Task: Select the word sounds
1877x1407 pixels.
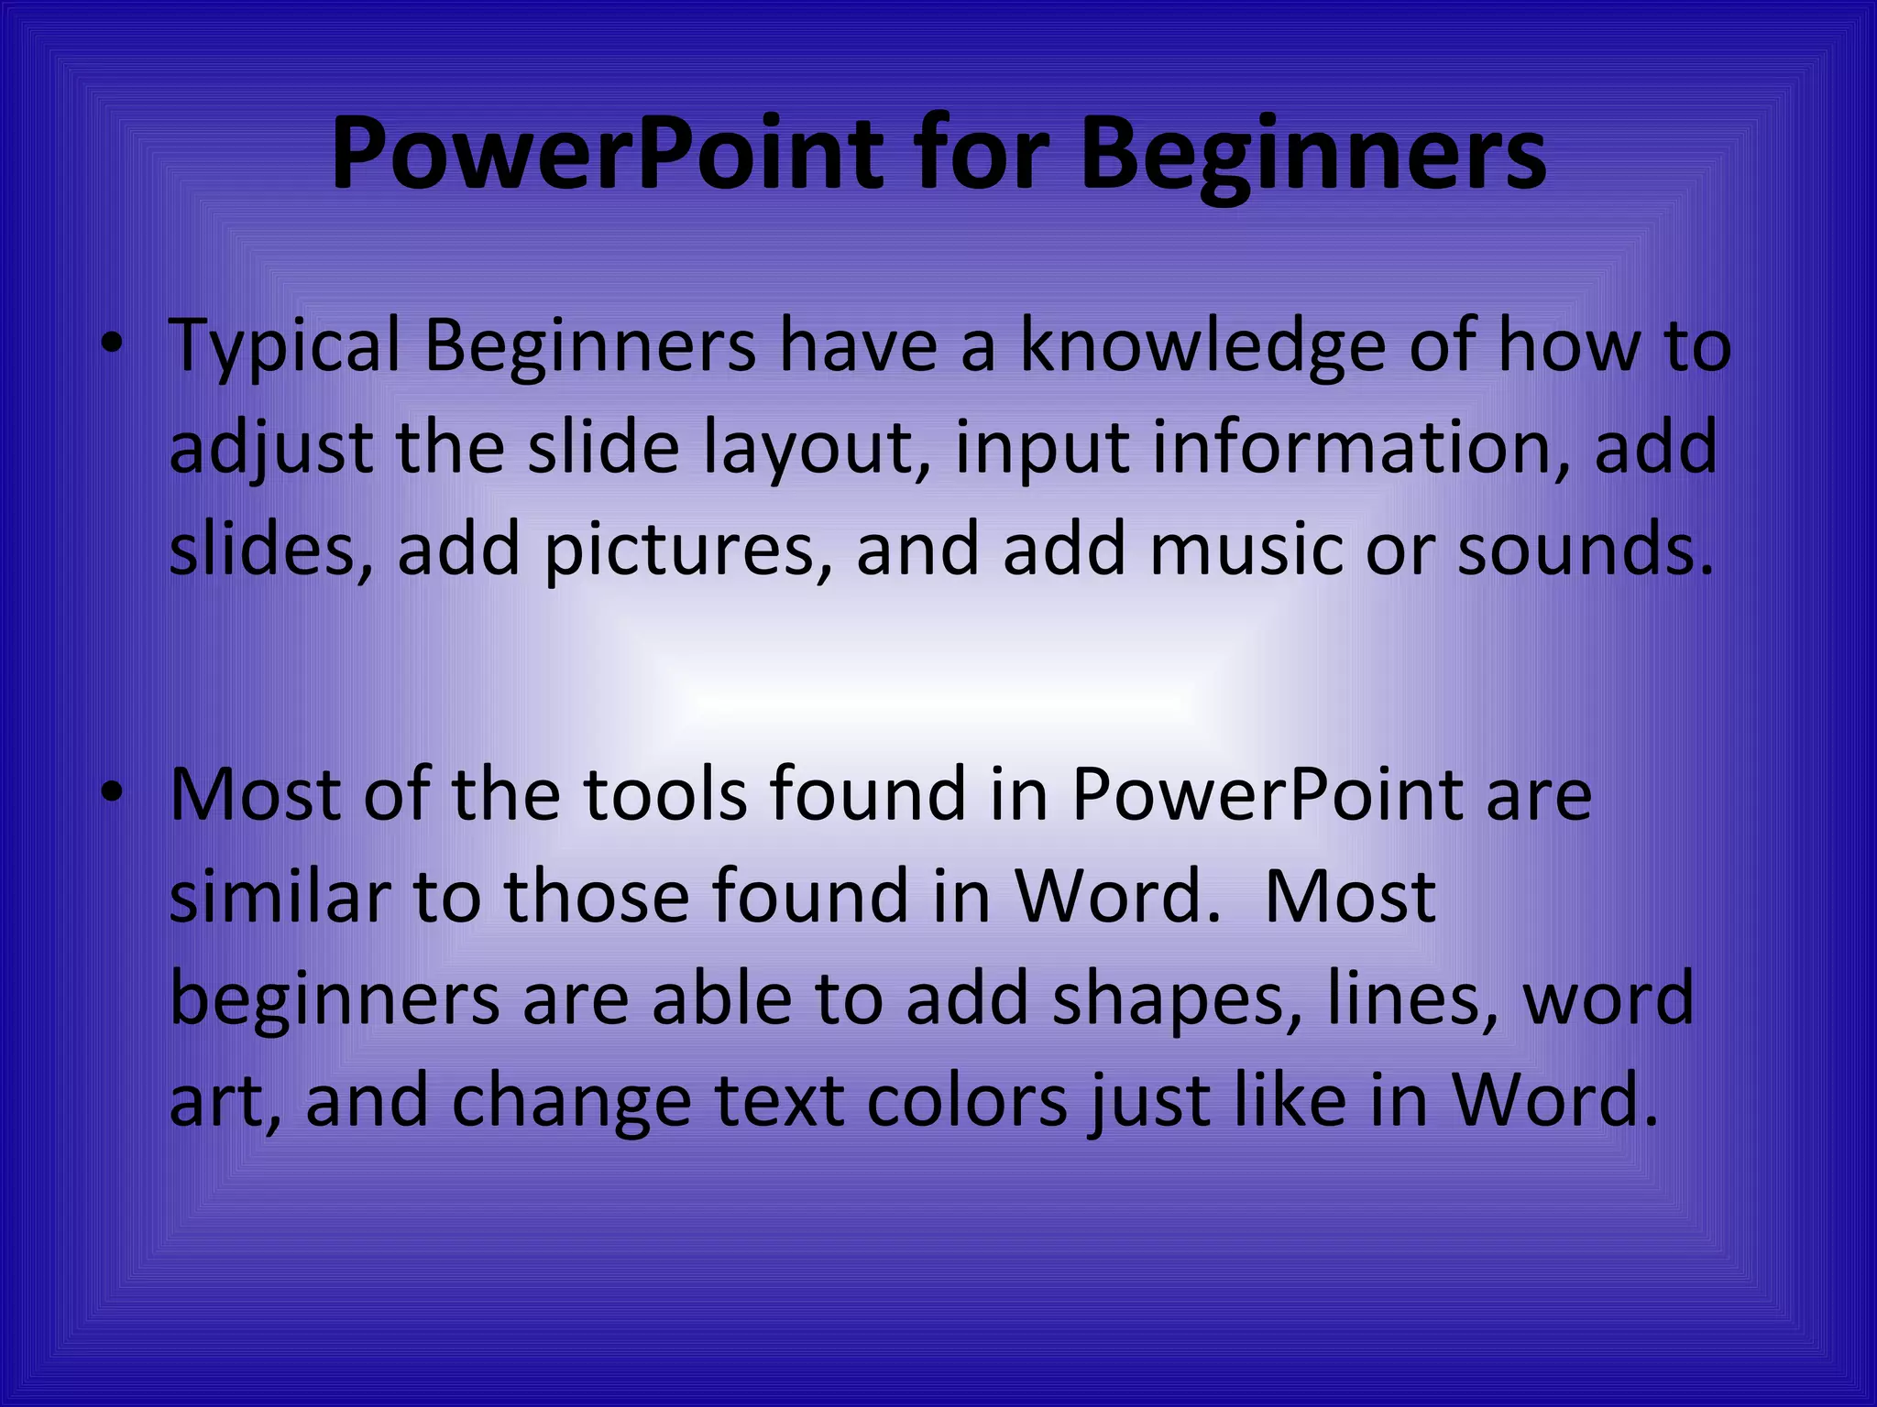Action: click(x=1584, y=550)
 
